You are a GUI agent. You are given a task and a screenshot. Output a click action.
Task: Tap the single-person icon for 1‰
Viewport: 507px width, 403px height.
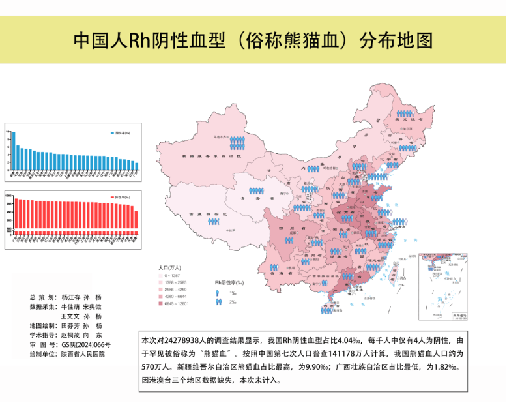click(219, 293)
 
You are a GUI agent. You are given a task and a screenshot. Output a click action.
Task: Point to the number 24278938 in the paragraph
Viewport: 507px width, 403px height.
click(189, 340)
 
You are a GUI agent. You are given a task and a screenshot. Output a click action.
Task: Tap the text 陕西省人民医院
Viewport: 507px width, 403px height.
click(83, 354)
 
